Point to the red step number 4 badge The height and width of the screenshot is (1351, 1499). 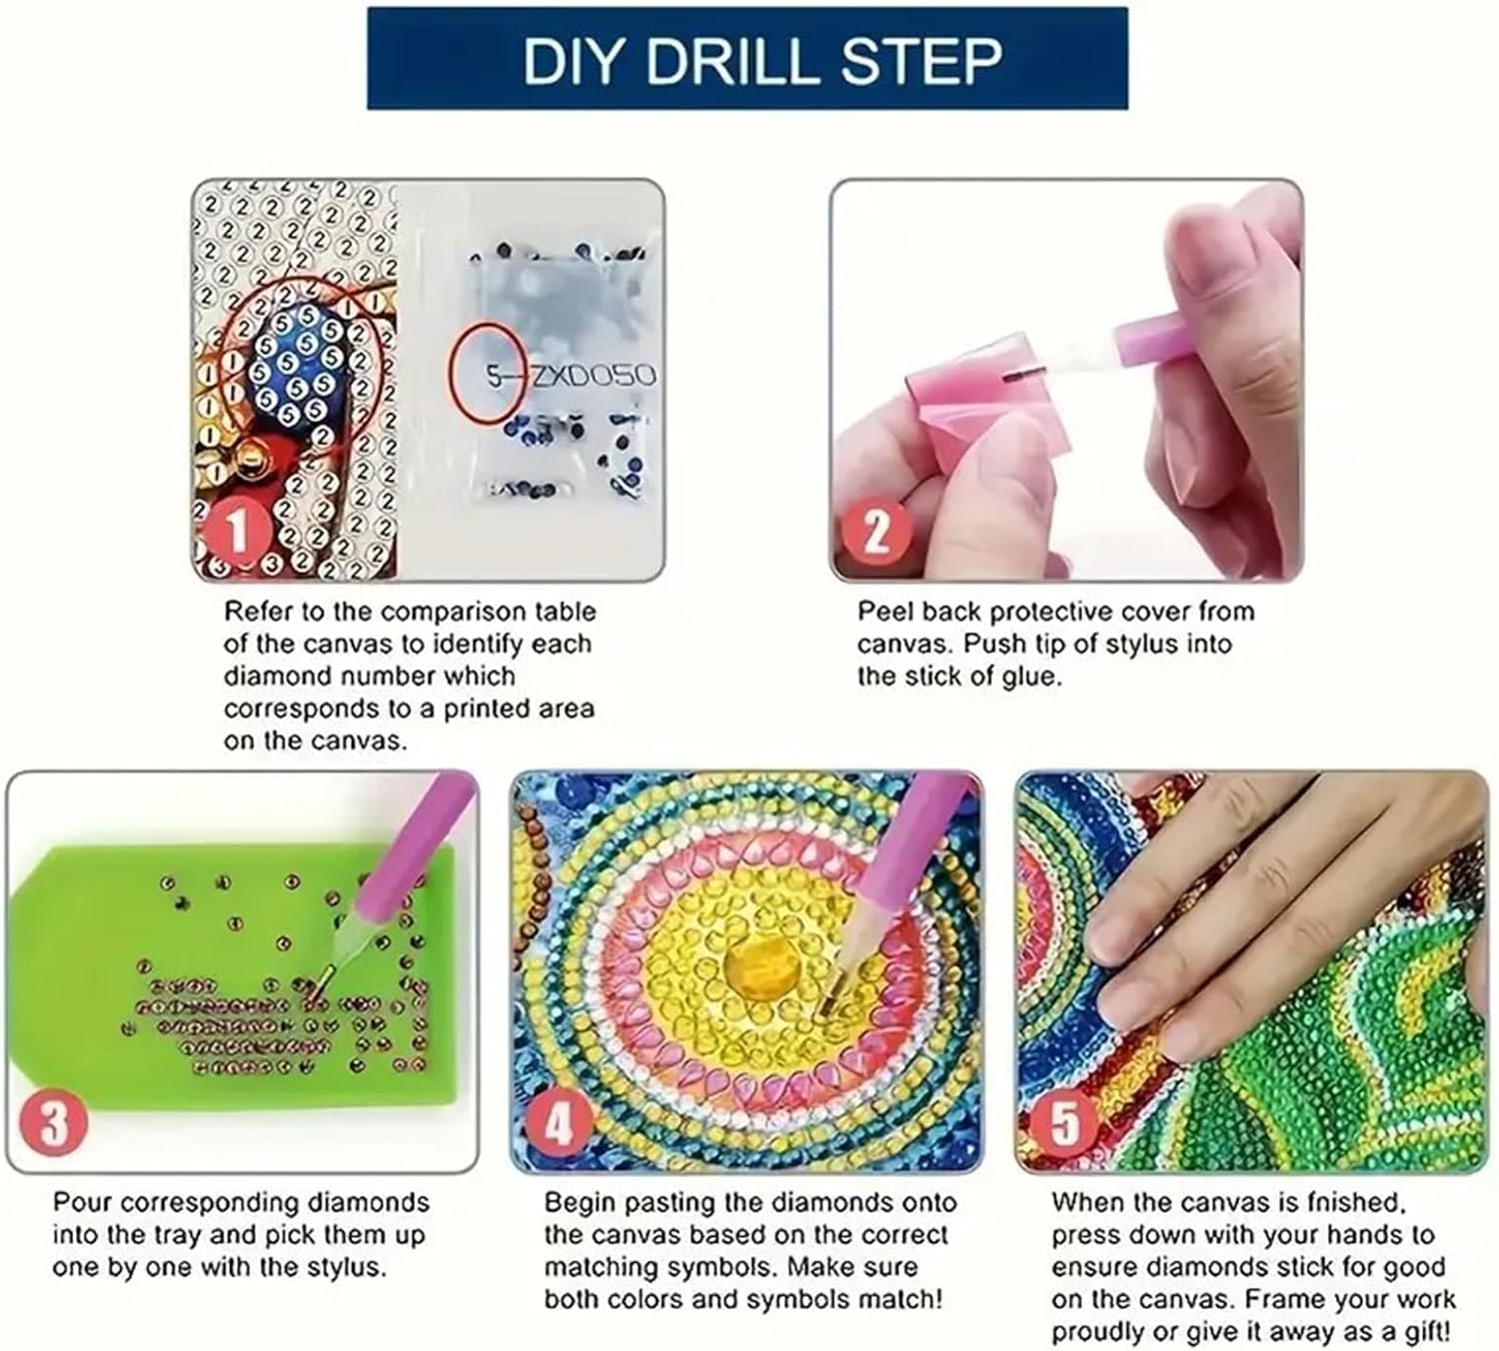(559, 1122)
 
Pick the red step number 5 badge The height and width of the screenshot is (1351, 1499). (1066, 1122)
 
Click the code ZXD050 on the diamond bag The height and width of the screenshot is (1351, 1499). (593, 375)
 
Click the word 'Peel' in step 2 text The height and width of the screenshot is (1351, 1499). (881, 612)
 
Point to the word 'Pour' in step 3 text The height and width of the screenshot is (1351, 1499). (81, 1203)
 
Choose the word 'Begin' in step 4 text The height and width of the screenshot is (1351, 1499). (580, 1203)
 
